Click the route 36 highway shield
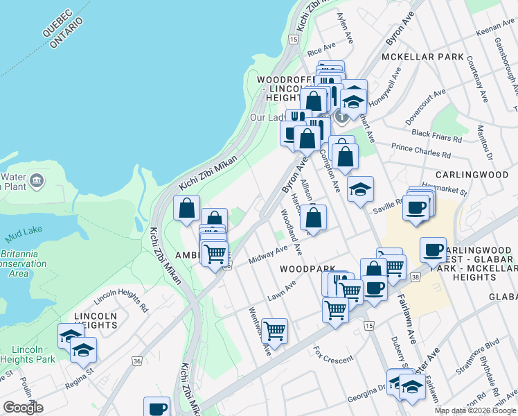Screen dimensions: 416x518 pyautogui.click(x=137, y=361)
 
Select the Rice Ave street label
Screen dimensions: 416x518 pyautogui.click(x=321, y=51)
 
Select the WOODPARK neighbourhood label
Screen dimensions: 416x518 pyautogui.click(x=307, y=268)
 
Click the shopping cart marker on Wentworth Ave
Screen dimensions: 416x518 pyautogui.click(x=275, y=331)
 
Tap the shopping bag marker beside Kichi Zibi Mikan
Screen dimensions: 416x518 pyautogui.click(x=187, y=207)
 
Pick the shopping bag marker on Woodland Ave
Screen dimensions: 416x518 pyautogui.click(x=314, y=217)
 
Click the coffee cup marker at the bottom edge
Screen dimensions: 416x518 pyautogui.click(x=157, y=407)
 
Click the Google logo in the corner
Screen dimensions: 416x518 pyautogui.click(x=23, y=408)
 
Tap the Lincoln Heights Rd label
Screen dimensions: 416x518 pyautogui.click(x=122, y=298)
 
